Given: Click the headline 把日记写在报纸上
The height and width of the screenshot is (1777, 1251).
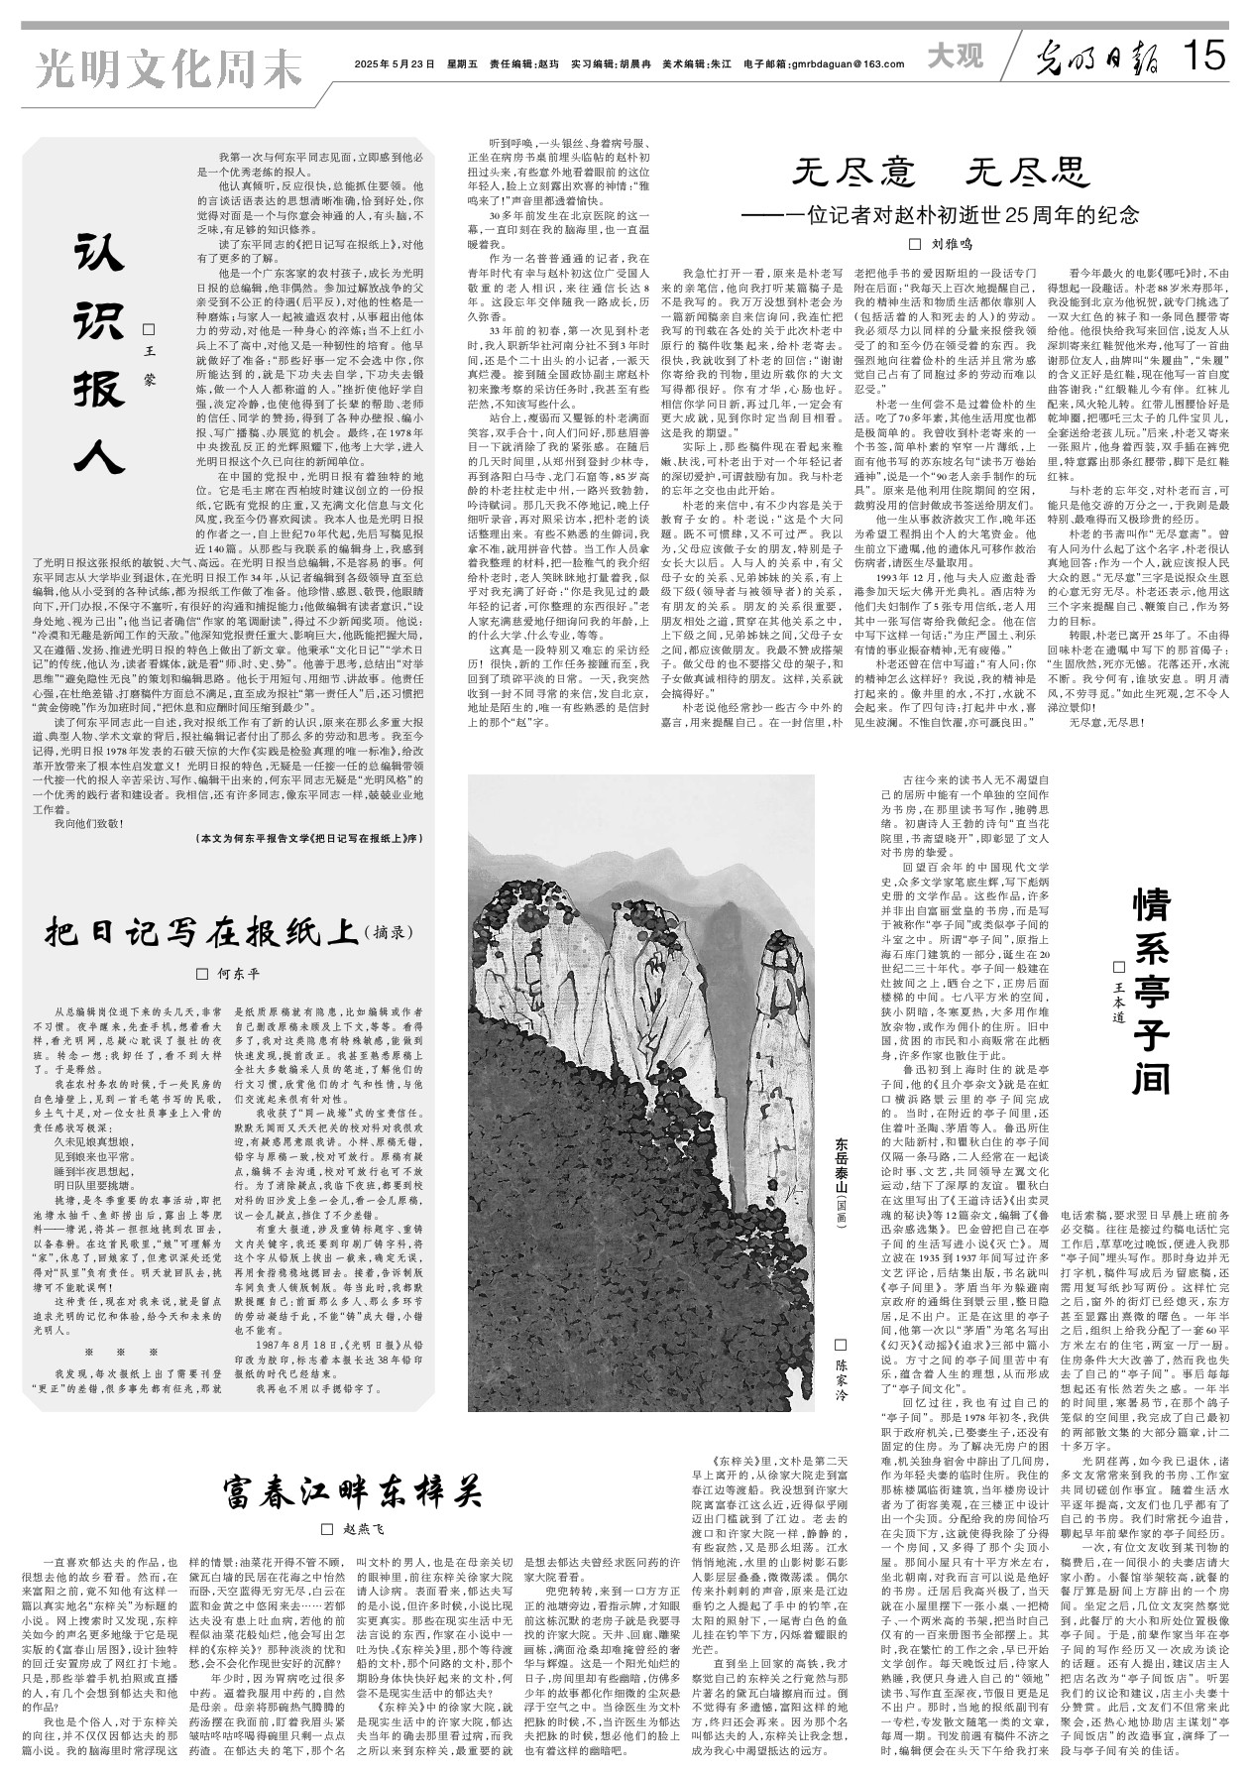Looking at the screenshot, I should (x=204, y=932).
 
